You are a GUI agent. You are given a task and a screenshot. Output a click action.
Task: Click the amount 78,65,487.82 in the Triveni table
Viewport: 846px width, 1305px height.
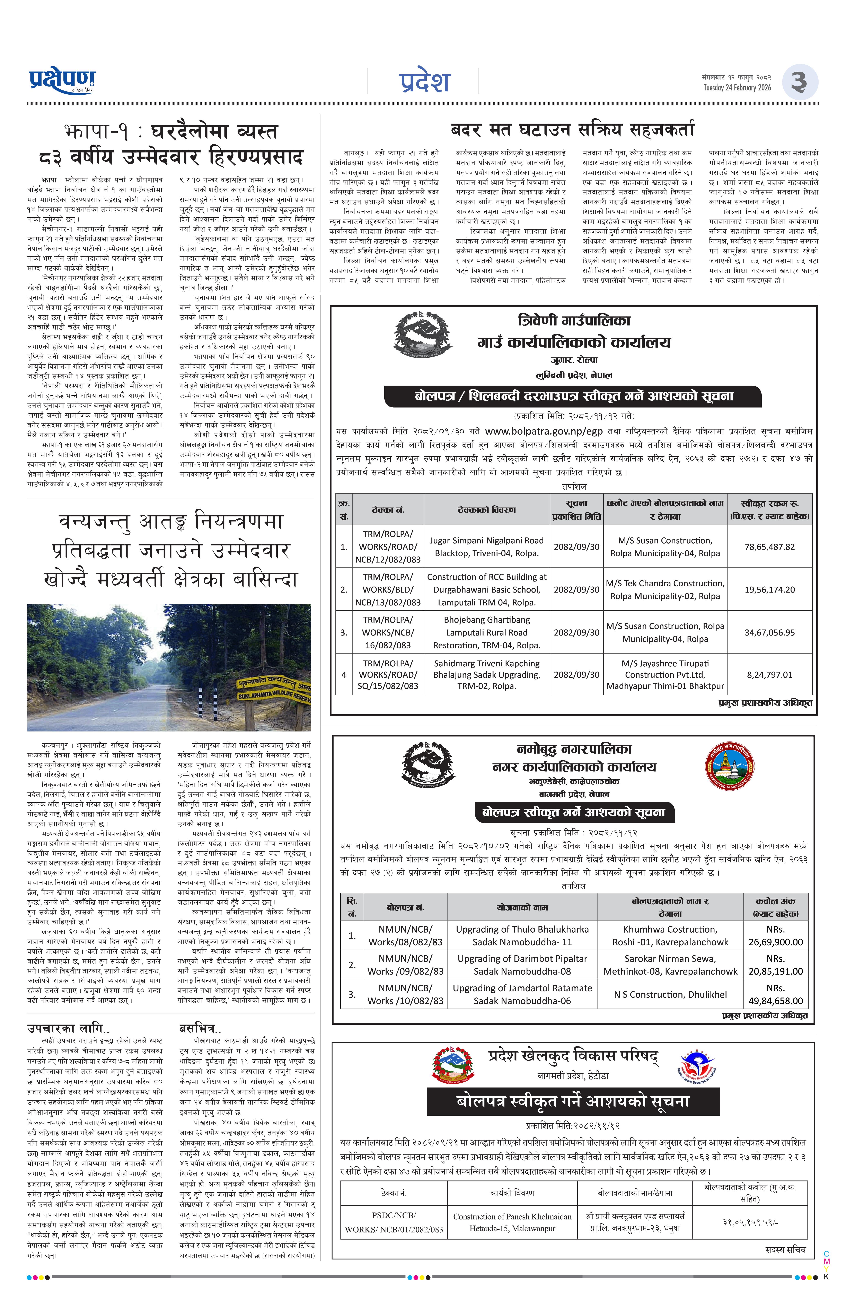click(769, 547)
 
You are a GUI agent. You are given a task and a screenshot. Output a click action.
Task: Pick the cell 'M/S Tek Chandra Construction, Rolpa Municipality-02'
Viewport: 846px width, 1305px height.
click(664, 589)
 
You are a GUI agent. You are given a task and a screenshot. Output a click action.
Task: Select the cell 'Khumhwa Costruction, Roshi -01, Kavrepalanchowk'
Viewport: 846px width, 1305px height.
click(670, 935)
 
